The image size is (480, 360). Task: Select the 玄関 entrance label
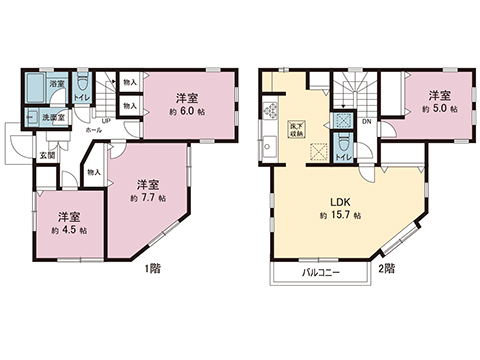click(47, 155)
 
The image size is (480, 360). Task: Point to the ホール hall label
click(93, 130)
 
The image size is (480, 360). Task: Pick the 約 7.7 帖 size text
click(146, 199)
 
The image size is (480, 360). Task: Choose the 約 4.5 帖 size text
click(68, 230)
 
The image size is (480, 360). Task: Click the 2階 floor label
click(384, 268)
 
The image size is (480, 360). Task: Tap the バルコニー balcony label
click(323, 271)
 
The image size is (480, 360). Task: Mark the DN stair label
click(365, 123)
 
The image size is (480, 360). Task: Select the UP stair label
click(105, 123)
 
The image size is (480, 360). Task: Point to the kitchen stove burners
click(268, 108)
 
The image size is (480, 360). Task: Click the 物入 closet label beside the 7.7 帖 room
click(94, 172)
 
